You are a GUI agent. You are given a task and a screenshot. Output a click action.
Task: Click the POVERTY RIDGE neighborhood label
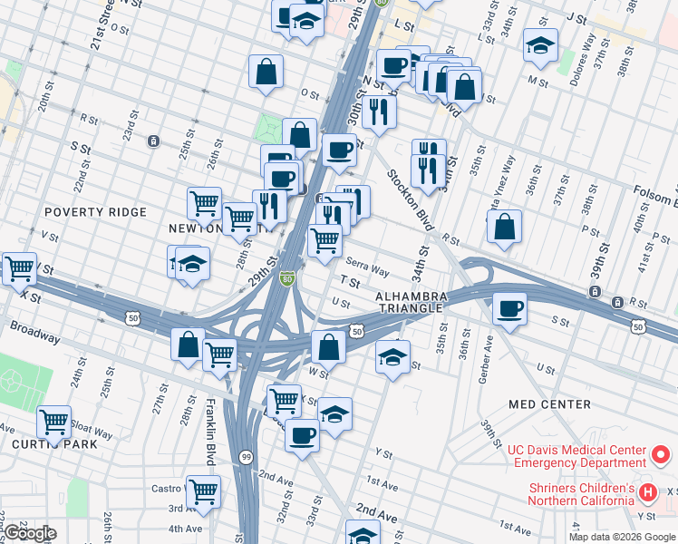pos(94,212)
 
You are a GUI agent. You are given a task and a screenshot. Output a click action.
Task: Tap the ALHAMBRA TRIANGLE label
pos(412,303)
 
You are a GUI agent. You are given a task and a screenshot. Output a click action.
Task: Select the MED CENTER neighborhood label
pos(549,404)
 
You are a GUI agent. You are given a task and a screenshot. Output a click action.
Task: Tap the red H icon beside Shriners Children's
pos(647,493)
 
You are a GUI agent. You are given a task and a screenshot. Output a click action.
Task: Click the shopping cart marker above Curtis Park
pos(54,421)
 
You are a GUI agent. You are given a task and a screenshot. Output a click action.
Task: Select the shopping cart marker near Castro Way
pos(203,491)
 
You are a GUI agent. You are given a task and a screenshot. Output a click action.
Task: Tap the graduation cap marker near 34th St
pos(392,355)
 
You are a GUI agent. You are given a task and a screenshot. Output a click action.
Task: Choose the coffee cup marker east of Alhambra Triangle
pos(509,308)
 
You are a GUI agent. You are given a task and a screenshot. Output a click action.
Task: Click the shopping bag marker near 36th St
pos(504,226)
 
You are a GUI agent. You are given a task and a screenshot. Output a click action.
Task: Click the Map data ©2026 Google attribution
pos(622,537)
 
